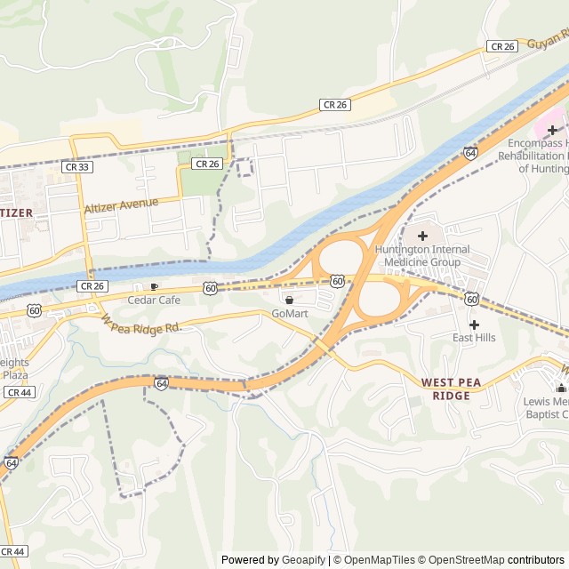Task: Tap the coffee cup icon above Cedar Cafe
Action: tap(155, 286)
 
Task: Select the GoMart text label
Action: tap(289, 313)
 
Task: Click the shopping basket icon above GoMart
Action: tap(289, 300)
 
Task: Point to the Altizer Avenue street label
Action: tap(121, 205)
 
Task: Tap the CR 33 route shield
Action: tap(76, 166)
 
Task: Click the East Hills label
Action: tap(474, 338)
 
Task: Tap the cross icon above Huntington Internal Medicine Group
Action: tap(422, 236)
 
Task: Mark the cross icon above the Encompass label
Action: tap(552, 130)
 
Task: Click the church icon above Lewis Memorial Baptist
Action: tap(561, 388)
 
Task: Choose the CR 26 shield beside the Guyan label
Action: tap(502, 46)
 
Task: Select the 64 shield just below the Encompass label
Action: tap(469, 153)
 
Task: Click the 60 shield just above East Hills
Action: tap(471, 299)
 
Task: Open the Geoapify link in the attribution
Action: tap(306, 560)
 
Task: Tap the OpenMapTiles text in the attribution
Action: tap(381, 560)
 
